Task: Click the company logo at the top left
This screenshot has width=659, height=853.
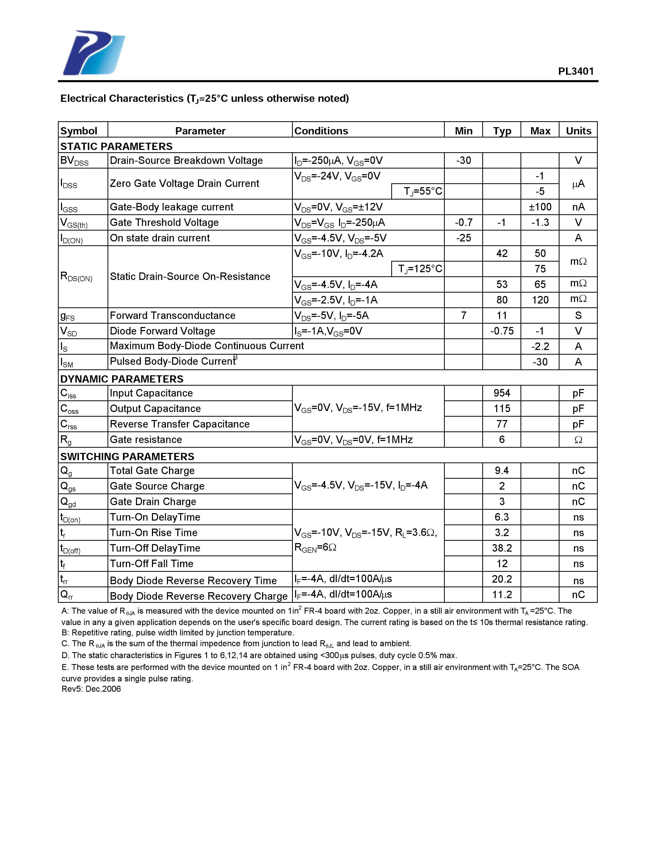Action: pos(94,53)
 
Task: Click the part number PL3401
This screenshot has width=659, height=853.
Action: pos(576,71)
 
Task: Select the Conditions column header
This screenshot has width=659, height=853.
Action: pos(321,131)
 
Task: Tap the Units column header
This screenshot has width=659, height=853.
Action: pos(578,131)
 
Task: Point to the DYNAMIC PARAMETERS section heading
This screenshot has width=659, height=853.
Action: pos(121,379)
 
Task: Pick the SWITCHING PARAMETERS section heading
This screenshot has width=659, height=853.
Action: pos(127,456)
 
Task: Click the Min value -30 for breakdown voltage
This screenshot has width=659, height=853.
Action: pos(463,161)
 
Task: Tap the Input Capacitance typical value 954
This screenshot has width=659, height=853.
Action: pos(502,393)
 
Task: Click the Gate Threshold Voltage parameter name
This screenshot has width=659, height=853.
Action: pos(164,223)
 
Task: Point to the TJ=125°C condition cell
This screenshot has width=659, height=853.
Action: pos(420,269)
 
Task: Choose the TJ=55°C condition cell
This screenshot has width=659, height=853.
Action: pos(423,191)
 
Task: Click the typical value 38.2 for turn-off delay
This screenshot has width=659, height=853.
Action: pos(502,548)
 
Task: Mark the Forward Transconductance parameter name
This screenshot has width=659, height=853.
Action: pos(172,316)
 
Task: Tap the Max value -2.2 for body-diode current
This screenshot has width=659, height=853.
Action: pos(540,346)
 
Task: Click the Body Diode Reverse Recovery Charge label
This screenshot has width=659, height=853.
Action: pos(198,596)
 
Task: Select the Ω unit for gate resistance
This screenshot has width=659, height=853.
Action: pos(578,440)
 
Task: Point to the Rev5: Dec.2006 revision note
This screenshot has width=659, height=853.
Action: pos(91,689)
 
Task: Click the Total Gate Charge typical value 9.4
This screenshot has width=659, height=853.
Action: pos(502,471)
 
